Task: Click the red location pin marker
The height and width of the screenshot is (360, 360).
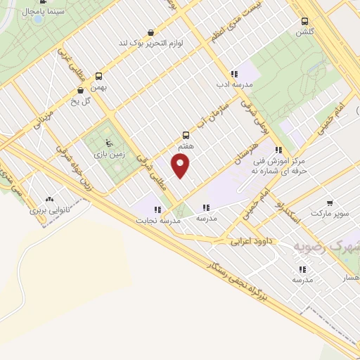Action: (x=181, y=167)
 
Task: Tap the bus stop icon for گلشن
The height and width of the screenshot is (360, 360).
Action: (x=304, y=22)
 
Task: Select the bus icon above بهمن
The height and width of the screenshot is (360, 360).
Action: (x=98, y=76)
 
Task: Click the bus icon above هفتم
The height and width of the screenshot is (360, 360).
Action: (x=186, y=135)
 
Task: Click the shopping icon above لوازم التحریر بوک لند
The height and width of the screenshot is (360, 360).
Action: (x=151, y=32)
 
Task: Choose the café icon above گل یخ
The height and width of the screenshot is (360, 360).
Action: (x=80, y=90)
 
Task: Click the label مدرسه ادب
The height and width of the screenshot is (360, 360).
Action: (x=235, y=84)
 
